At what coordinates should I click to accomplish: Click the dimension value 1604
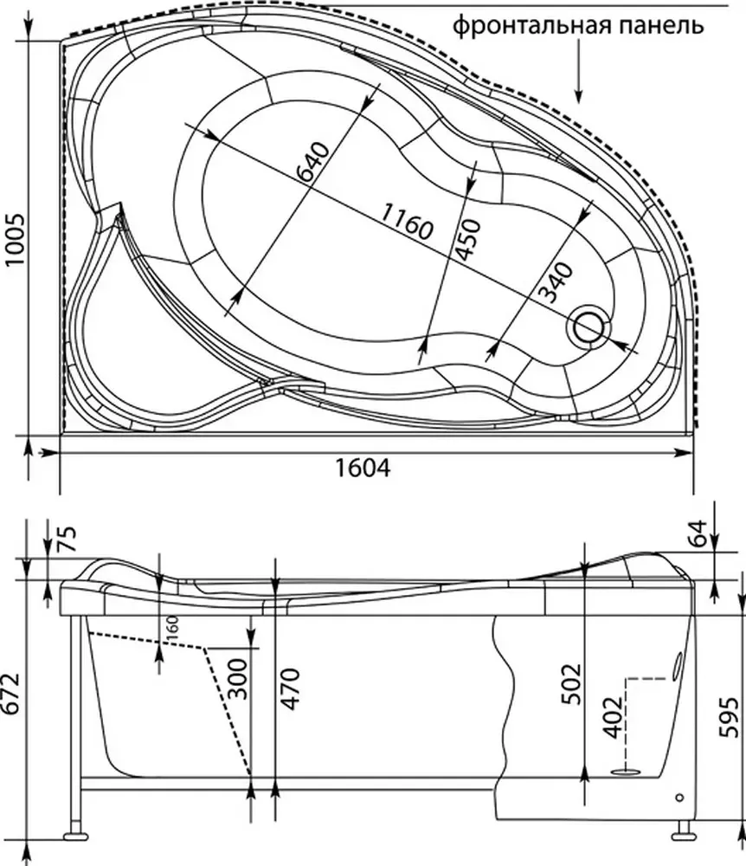click(x=363, y=468)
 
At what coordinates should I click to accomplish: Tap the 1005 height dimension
click(x=15, y=239)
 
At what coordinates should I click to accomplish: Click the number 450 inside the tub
click(x=468, y=239)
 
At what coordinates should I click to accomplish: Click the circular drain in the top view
click(x=588, y=327)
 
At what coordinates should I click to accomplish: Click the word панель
click(x=657, y=25)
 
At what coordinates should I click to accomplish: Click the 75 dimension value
click(x=67, y=539)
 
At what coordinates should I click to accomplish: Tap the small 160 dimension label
click(x=171, y=626)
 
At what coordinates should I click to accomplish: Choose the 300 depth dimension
click(x=238, y=679)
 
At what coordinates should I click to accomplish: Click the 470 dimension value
click(x=290, y=688)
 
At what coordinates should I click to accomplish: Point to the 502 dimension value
click(x=572, y=684)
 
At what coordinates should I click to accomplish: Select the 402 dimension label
click(x=613, y=717)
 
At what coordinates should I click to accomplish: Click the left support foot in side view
click(x=75, y=837)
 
